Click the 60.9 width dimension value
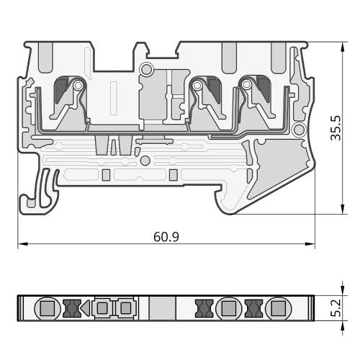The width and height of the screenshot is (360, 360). (166, 237)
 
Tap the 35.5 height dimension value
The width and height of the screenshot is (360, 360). (336, 128)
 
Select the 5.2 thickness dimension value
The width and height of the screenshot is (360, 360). (336, 308)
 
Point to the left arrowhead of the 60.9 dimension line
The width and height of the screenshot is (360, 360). (23, 244)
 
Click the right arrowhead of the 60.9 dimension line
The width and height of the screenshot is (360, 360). (310, 244)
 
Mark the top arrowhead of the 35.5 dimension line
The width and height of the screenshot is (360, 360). (343, 47)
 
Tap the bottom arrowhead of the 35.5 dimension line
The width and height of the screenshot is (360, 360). (343, 209)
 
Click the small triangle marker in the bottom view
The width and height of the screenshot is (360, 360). (85, 308)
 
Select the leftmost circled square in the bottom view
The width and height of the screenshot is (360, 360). (48, 308)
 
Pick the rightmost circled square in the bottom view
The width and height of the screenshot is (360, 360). (279, 308)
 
